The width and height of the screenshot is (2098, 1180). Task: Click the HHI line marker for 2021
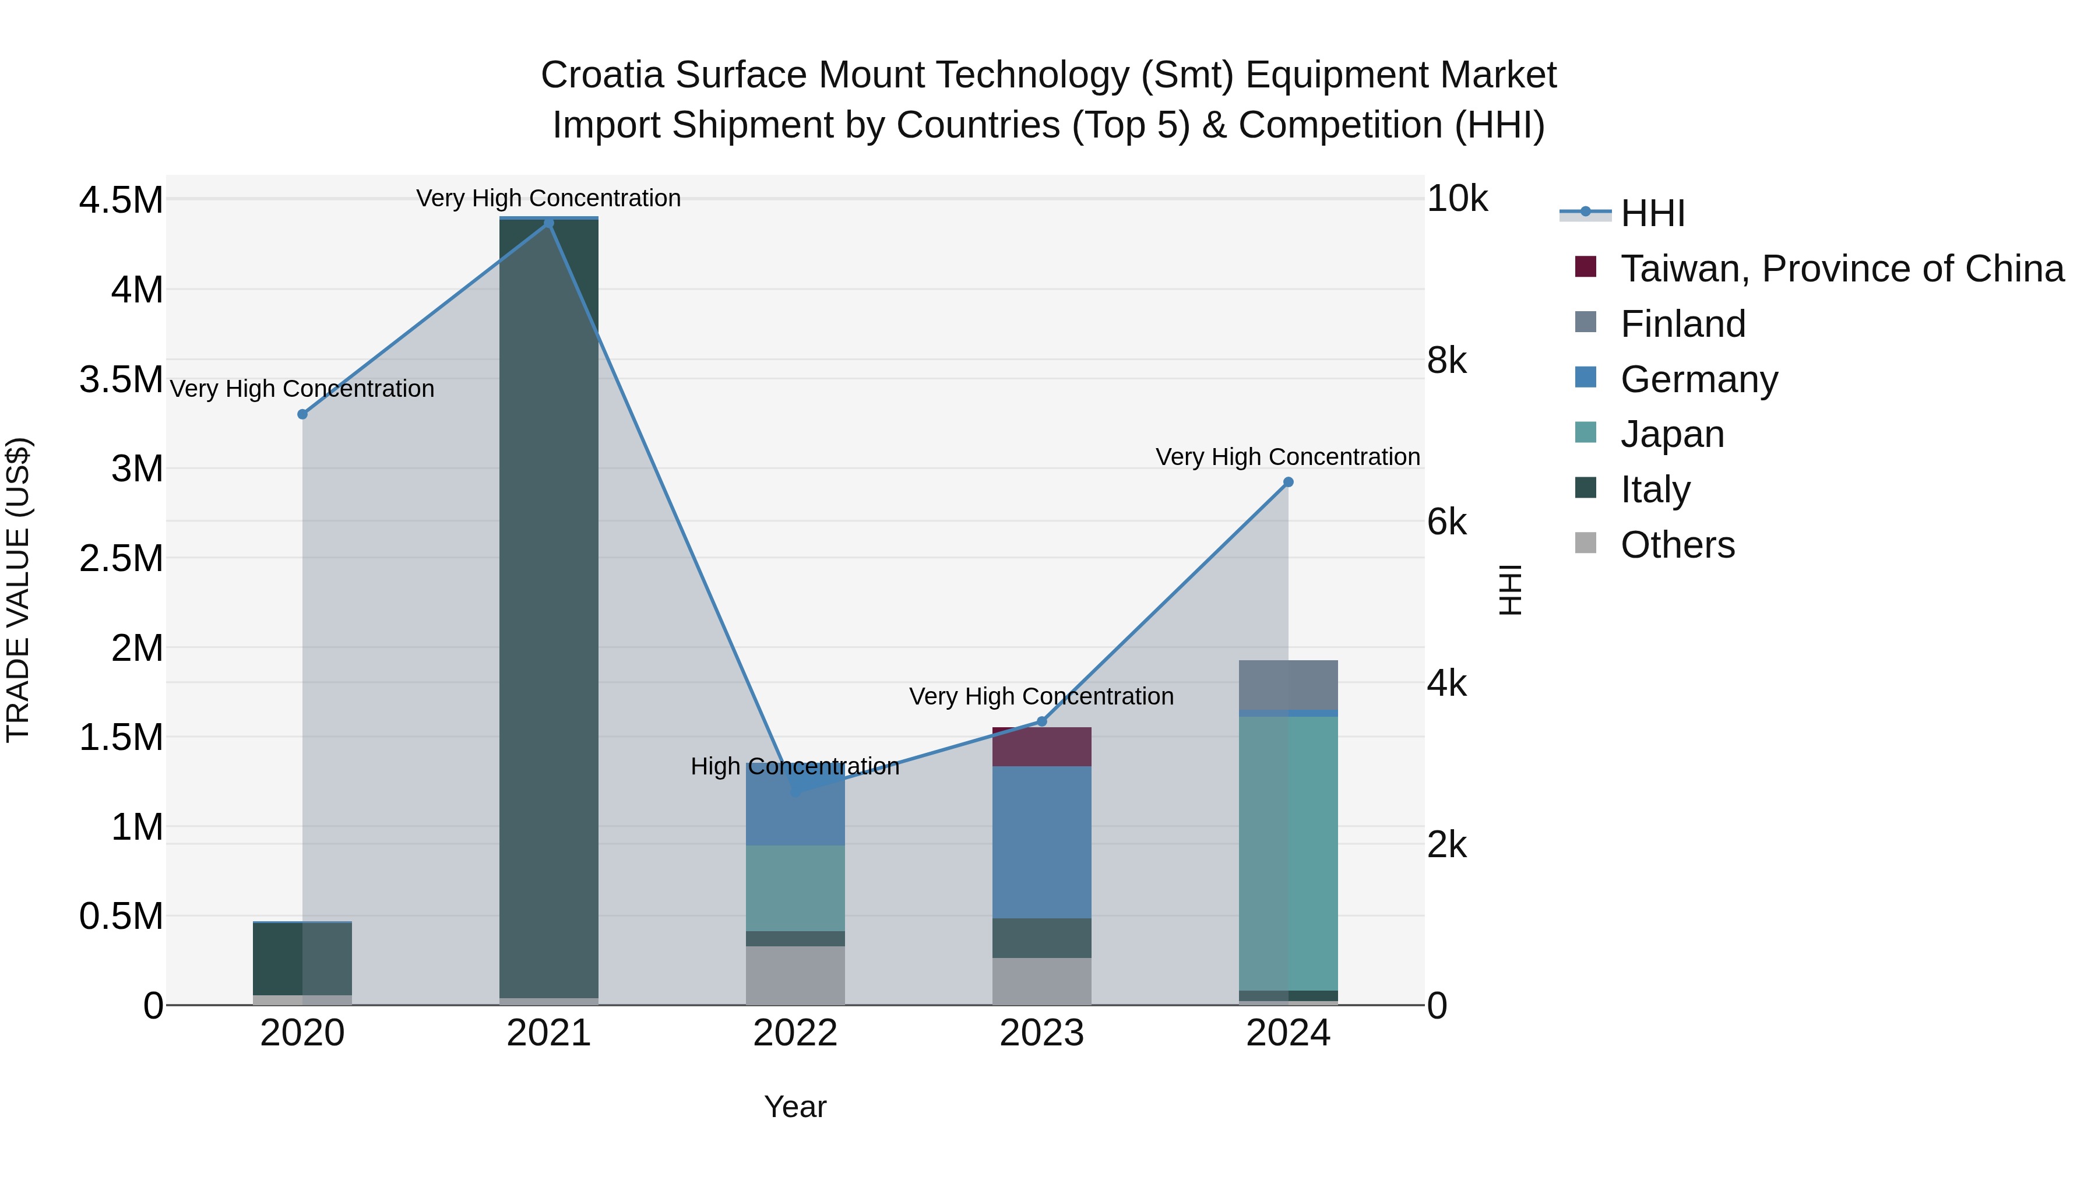548,223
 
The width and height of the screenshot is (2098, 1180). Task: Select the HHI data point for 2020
302,414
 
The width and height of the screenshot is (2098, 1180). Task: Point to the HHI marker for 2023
1041,721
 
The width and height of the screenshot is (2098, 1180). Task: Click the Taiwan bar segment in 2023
1041,747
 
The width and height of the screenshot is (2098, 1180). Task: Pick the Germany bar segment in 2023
1041,842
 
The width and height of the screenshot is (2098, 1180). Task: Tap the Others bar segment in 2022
795,975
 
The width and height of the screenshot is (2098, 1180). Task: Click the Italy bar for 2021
548,608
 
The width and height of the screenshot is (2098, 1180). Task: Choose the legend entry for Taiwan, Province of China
1840,269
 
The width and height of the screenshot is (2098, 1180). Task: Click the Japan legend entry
1671,434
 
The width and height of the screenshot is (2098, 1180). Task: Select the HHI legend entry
1652,213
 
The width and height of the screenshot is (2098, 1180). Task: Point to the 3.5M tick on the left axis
121,379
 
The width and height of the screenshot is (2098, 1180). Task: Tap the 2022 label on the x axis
795,1033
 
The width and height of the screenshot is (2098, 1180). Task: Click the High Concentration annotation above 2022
795,766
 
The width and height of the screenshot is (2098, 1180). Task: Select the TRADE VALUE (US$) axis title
18,590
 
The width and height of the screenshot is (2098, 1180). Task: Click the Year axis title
795,1107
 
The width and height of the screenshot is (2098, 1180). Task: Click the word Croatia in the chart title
602,75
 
